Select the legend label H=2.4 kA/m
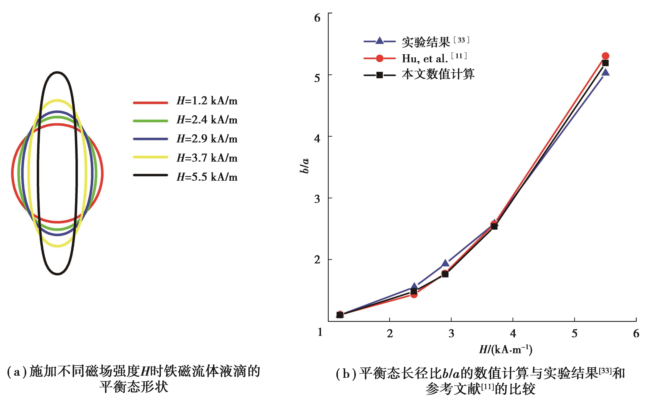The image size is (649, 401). pyautogui.click(x=207, y=120)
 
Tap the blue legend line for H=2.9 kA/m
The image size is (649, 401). pyautogui.click(x=150, y=139)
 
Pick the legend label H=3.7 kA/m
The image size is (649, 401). pyautogui.click(x=207, y=158)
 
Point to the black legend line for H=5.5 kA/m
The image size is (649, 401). pyautogui.click(x=150, y=175)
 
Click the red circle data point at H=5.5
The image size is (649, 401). pyautogui.click(x=605, y=56)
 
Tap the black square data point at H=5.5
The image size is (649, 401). pyautogui.click(x=605, y=63)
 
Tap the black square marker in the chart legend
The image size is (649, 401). pyautogui.click(x=380, y=75)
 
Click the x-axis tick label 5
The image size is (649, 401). pyautogui.click(x=574, y=333)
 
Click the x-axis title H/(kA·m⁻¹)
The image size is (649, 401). pyautogui.click(x=506, y=350)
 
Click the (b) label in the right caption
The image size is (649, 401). pyautogui.click(x=346, y=374)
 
